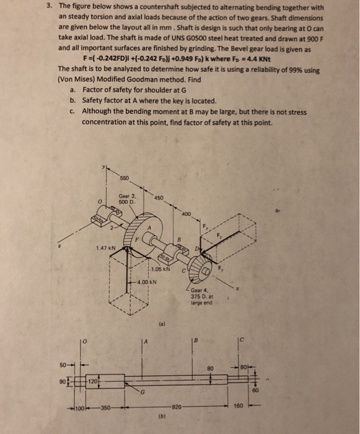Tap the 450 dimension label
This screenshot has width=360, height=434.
click(159, 198)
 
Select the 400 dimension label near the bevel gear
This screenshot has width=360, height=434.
click(186, 213)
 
